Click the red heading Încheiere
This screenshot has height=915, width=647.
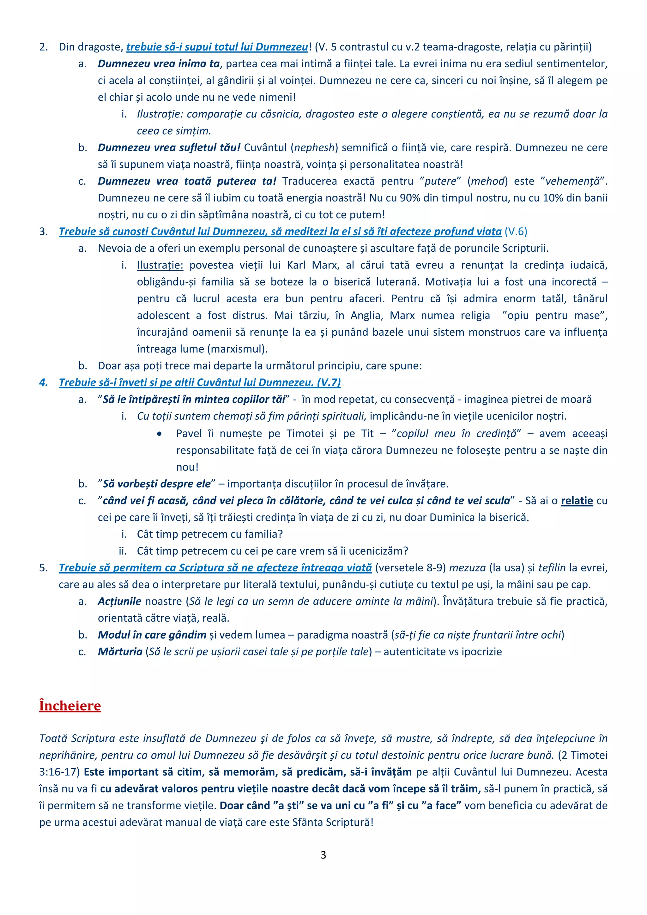tap(70, 706)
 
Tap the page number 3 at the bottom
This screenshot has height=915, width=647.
tap(323, 855)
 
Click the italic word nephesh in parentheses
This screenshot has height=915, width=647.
tap(314, 147)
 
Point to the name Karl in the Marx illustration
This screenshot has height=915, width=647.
tap(296, 265)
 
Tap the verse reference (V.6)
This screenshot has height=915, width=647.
tap(516, 232)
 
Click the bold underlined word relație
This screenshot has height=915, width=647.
tap(577, 501)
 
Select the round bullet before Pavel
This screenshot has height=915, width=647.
tap(160, 434)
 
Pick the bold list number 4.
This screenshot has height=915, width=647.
tap(43, 382)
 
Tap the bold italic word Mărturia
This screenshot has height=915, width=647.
tap(120, 652)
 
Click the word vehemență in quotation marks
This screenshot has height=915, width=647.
tap(572, 181)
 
